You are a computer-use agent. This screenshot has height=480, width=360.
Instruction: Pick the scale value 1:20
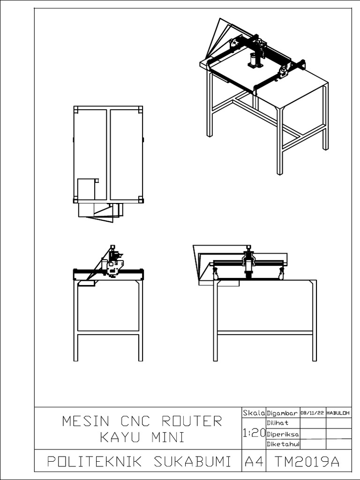(254, 434)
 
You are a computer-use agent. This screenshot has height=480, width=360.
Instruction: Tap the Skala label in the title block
(254, 413)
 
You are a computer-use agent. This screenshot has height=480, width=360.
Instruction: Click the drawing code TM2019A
(307, 462)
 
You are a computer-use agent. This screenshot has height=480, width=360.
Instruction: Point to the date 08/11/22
(313, 413)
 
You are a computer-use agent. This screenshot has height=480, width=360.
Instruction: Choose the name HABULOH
(338, 413)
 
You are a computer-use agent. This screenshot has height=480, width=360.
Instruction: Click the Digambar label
(282, 413)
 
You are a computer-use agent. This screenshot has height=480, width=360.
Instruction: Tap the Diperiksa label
(283, 434)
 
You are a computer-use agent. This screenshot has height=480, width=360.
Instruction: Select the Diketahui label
(283, 444)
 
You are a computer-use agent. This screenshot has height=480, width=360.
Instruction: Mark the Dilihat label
(277, 423)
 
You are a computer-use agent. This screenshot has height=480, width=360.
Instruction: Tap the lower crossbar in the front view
(265, 333)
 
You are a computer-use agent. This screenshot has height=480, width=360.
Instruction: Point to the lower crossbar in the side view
(108, 333)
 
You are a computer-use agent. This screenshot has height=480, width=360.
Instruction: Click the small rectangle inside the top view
(86, 188)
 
